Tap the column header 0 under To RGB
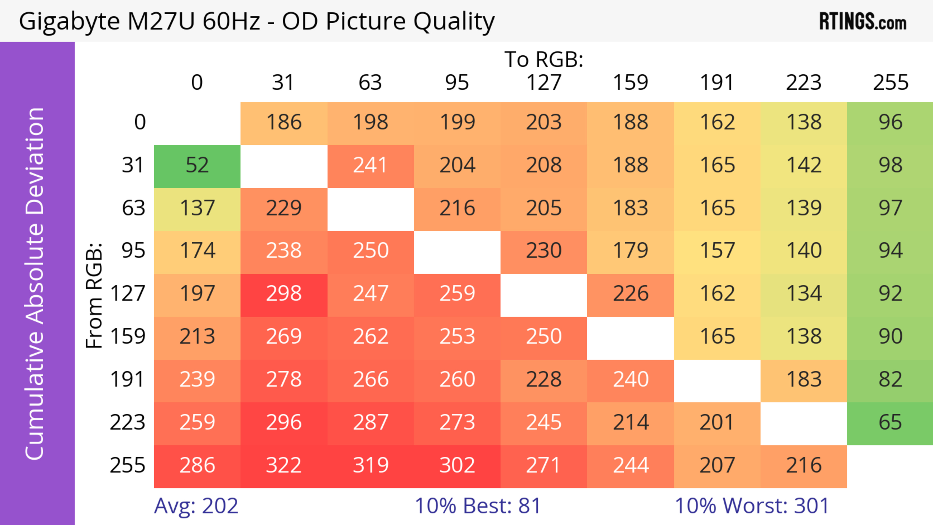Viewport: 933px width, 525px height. [x=197, y=83]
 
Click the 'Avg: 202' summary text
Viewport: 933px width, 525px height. [x=196, y=506]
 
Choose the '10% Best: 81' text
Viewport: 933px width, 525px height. [x=478, y=506]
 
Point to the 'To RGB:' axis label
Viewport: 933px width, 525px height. [x=544, y=59]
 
